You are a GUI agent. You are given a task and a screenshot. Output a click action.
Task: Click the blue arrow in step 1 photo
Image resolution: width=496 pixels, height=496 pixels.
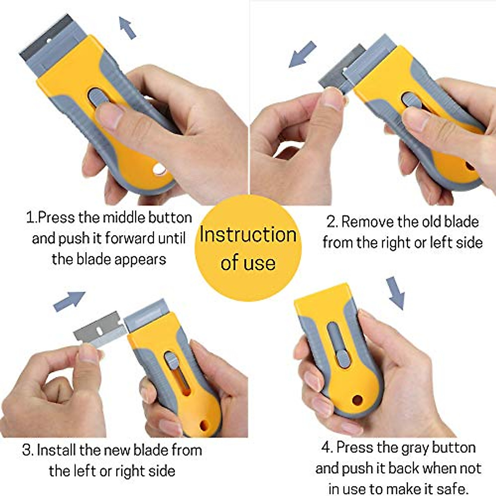[x=127, y=28]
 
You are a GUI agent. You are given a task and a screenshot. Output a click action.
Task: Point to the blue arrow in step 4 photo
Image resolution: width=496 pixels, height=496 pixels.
[x=396, y=293]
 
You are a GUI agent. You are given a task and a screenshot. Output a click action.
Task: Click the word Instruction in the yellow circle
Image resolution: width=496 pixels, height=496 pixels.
[x=248, y=234]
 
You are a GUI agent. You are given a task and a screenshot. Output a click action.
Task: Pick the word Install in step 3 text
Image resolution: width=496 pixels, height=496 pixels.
[x=56, y=450]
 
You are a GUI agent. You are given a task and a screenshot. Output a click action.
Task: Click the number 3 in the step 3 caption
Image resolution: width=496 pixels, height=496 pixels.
[x=27, y=450]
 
